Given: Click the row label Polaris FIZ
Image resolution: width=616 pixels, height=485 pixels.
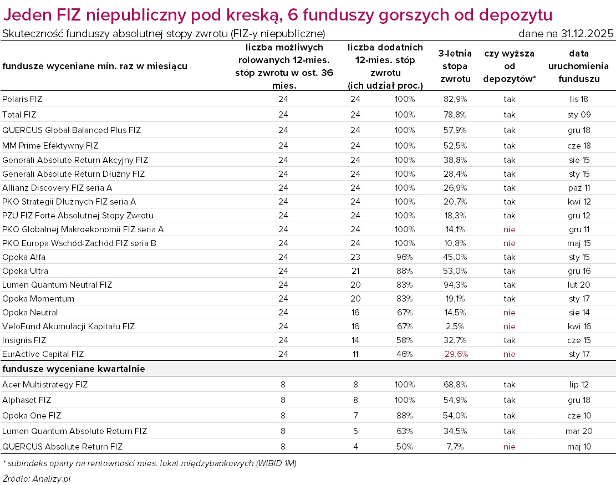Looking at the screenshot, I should point(22,99).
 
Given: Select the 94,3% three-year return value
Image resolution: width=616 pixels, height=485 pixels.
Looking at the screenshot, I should point(455,285).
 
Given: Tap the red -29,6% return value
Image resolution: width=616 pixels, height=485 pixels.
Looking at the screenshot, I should point(455,354).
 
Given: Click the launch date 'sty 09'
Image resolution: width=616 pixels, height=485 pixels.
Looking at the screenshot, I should point(574,115).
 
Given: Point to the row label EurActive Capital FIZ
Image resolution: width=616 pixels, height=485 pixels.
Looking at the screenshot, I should point(43,354).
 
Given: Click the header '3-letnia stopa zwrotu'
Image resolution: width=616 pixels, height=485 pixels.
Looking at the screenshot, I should point(455,67).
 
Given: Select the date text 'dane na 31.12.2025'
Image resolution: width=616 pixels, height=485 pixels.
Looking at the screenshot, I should point(566,34).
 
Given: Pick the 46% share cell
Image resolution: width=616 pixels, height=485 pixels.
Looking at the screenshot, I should point(405,354).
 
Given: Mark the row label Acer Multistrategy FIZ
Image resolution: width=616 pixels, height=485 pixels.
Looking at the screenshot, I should point(45,385).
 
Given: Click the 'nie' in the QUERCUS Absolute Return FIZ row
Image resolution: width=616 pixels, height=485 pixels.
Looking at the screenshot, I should point(509,447).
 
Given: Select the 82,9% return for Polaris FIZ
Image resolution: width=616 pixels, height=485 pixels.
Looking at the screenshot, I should point(455,99).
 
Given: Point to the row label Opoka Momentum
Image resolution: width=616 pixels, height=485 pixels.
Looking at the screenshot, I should point(38,299).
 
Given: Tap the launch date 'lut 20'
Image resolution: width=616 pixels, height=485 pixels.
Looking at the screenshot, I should point(574,285).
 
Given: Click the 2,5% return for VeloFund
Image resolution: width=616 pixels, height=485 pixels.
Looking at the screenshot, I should point(455,326).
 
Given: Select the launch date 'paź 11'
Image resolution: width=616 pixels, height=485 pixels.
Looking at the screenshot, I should point(574,188).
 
